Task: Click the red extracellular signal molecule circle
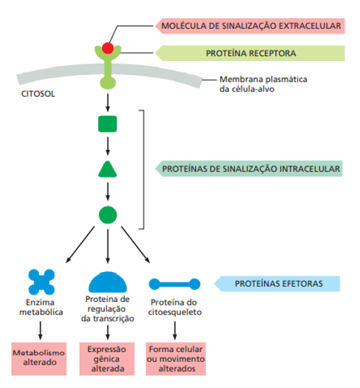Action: pyautogui.click(x=108, y=48)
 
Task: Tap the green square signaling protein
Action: pyautogui.click(x=108, y=124)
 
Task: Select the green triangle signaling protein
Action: pyautogui.click(x=108, y=169)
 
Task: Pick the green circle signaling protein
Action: pyautogui.click(x=108, y=214)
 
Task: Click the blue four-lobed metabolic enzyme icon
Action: pyautogui.click(x=42, y=282)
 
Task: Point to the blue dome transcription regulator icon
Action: pyautogui.click(x=108, y=282)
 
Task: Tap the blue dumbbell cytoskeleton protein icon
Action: pyautogui.click(x=174, y=284)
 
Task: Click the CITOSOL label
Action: pyautogui.click(x=38, y=94)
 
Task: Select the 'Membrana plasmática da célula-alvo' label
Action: pyautogui.click(x=263, y=84)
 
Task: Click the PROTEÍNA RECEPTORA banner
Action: pyautogui.click(x=249, y=53)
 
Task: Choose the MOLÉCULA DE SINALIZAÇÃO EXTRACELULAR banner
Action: pyautogui.click(x=249, y=26)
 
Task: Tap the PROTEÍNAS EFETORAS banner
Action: pyautogui.click(x=277, y=284)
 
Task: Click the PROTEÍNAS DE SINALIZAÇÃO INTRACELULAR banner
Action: pyautogui.click(x=249, y=169)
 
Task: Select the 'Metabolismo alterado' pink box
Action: pyautogui.click(x=39, y=359)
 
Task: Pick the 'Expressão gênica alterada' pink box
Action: pyautogui.click(x=107, y=359)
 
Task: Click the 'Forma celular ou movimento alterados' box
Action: pyautogui.click(x=176, y=359)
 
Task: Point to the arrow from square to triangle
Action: pyautogui.click(x=108, y=146)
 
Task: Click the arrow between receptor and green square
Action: pyautogui.click(x=108, y=103)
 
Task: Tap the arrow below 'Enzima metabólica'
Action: pyautogui.click(x=40, y=330)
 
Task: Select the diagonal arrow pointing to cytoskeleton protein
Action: pyautogui.click(x=136, y=244)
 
